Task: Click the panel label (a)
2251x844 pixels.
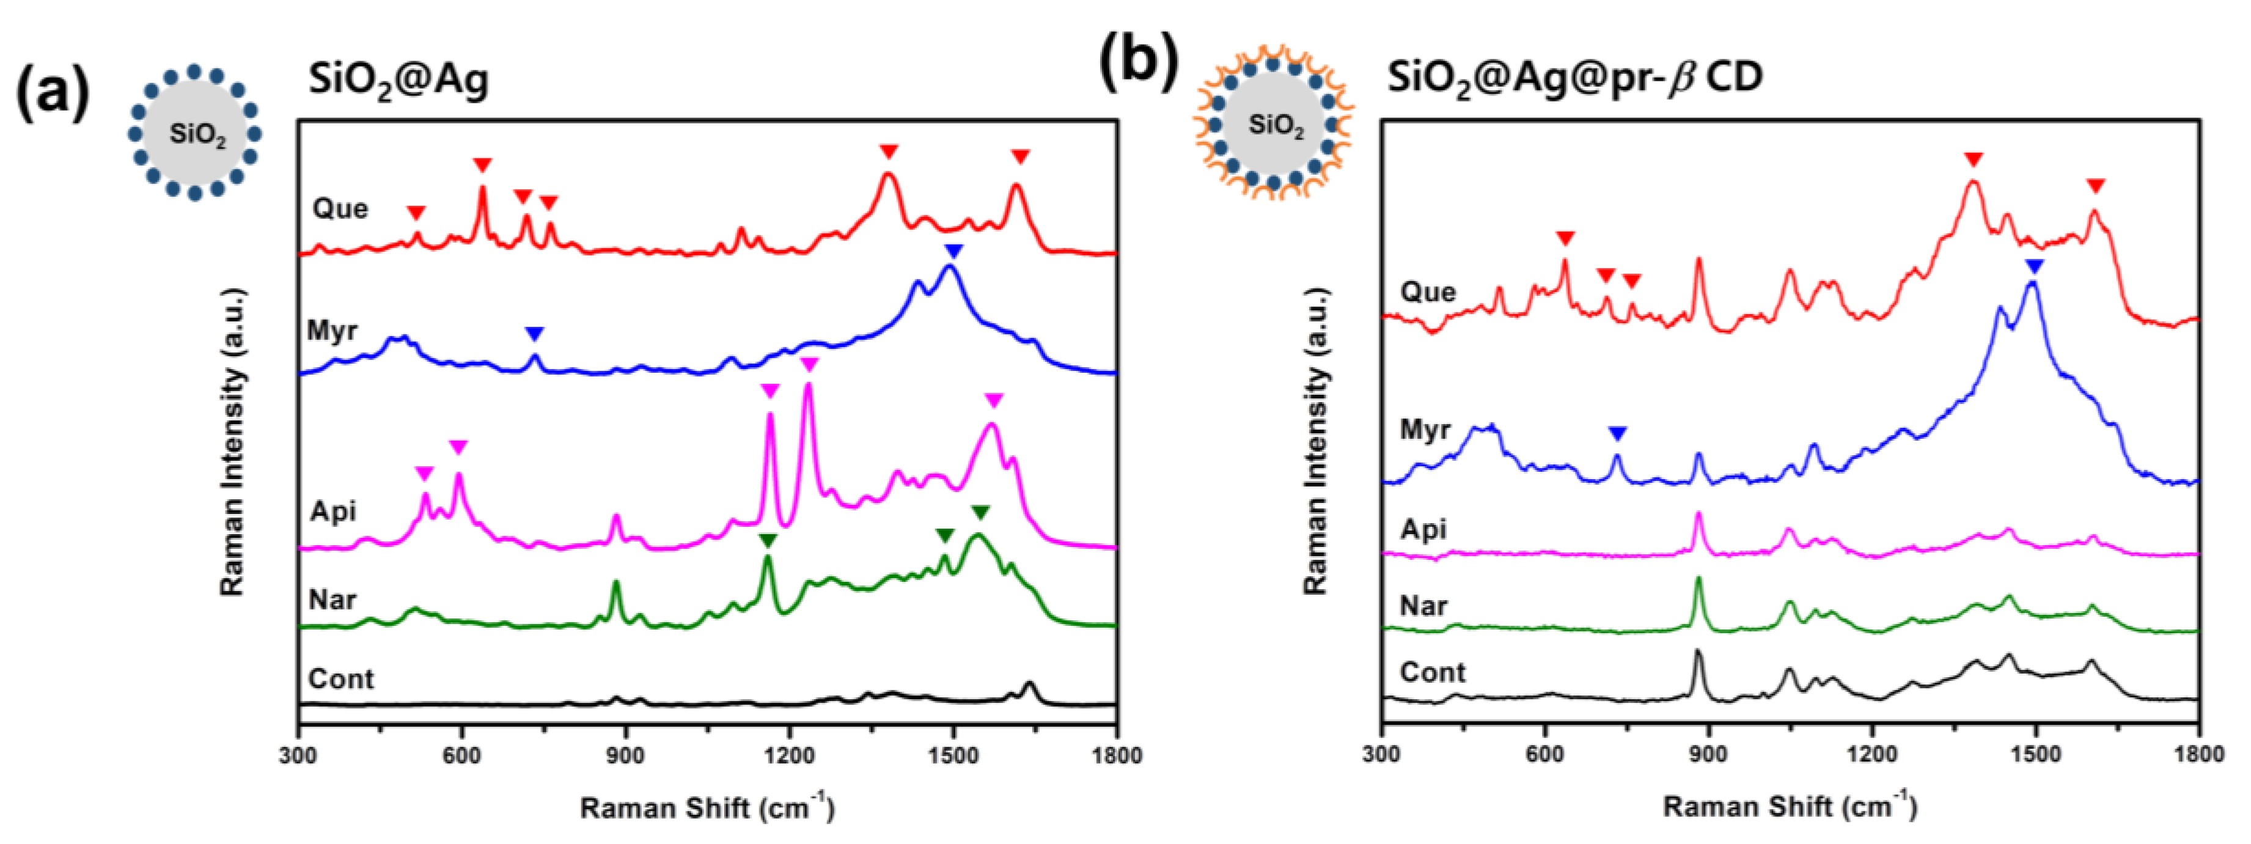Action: coord(53,92)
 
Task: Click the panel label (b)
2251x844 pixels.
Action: coord(1139,63)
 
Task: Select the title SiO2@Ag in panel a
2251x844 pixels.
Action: coord(398,81)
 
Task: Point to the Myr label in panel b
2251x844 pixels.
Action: coord(1425,430)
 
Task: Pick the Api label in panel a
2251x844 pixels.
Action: coord(333,510)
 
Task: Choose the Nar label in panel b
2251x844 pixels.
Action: coord(1423,606)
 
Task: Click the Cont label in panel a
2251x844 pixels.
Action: coord(341,679)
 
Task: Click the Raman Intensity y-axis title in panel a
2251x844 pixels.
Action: coord(232,441)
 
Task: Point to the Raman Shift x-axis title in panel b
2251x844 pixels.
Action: coord(1789,805)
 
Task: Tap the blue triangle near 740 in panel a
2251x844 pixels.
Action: coord(535,334)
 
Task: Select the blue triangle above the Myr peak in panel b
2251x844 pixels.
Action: coord(2034,266)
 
